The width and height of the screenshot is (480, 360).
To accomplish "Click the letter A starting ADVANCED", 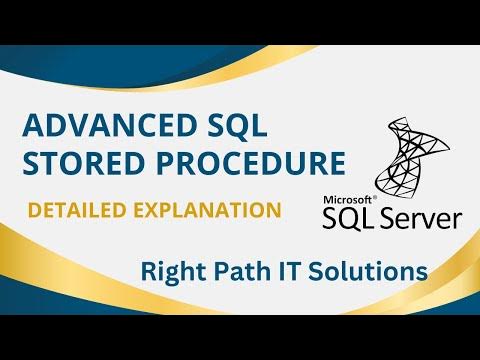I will tap(31, 126).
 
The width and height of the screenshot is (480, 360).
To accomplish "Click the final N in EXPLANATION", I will tap(272, 211).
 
